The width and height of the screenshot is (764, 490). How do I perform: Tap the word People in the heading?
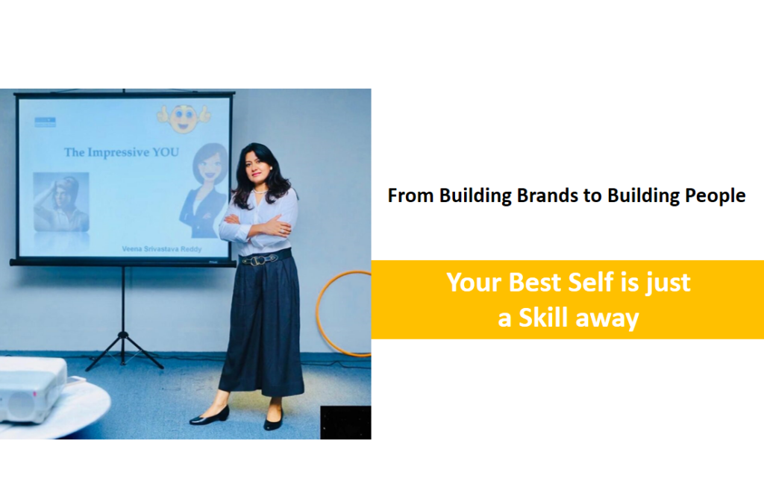click(x=716, y=196)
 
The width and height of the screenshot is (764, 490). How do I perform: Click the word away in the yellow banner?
click(x=607, y=318)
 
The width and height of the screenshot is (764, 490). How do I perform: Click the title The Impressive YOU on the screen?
click(x=122, y=152)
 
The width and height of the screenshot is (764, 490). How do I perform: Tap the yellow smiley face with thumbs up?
click(x=184, y=118)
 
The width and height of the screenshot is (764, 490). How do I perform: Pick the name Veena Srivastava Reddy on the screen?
click(x=161, y=249)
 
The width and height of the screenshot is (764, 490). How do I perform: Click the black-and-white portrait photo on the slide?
click(x=61, y=201)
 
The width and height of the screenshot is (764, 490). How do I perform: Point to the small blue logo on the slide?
click(x=45, y=122)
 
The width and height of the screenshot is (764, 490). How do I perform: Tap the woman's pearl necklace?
click(x=260, y=192)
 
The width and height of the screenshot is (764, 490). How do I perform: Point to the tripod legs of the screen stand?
click(x=123, y=349)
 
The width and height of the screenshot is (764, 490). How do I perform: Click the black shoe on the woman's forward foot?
click(x=209, y=416)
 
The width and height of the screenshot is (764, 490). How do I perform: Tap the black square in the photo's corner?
click(x=345, y=422)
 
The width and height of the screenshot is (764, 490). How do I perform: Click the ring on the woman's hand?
click(x=281, y=229)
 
